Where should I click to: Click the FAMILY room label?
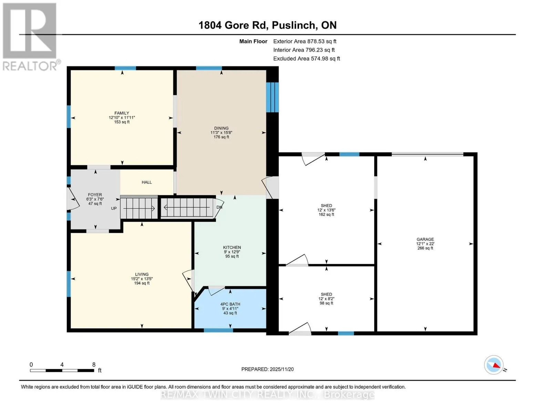(x=122, y=113)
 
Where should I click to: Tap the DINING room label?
(x=221, y=128)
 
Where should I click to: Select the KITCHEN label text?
(x=232, y=247)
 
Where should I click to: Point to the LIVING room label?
(x=142, y=274)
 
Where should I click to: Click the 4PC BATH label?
(x=230, y=304)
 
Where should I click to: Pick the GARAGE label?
(x=425, y=239)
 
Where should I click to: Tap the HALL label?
(x=147, y=182)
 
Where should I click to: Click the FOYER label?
(x=95, y=195)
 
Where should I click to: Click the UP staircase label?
(x=114, y=208)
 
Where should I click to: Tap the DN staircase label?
(x=219, y=207)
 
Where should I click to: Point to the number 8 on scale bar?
(x=94, y=365)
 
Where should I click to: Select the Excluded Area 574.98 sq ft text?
(x=307, y=59)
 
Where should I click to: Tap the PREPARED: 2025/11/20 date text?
(x=267, y=369)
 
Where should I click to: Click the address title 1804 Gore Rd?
(x=233, y=25)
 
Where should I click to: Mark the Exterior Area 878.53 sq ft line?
(x=305, y=41)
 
